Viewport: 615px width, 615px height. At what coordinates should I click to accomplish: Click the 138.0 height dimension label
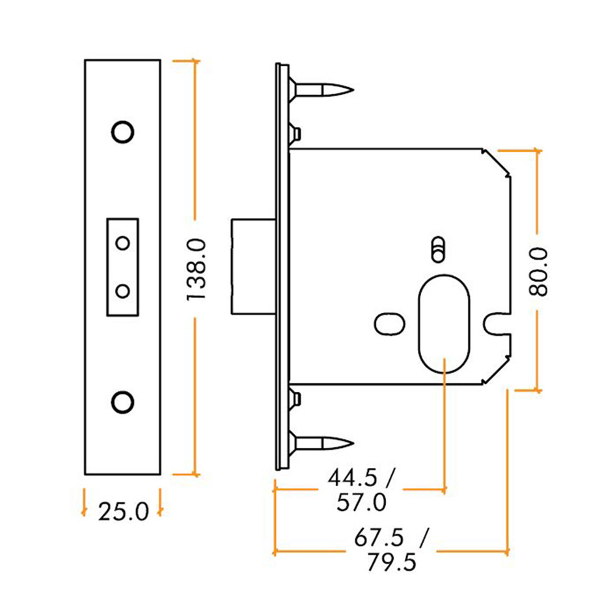[196, 269]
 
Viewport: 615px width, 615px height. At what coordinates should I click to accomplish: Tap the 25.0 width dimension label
[124, 512]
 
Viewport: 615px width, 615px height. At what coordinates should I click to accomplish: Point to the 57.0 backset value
[362, 502]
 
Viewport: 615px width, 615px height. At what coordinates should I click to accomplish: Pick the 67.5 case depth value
[378, 538]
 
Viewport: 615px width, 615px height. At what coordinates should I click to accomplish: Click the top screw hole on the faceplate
[122, 131]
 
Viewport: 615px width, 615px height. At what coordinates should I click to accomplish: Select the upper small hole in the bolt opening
[122, 243]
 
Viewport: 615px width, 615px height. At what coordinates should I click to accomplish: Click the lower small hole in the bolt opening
[122, 290]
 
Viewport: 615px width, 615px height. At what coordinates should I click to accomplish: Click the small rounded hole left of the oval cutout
[390, 323]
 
